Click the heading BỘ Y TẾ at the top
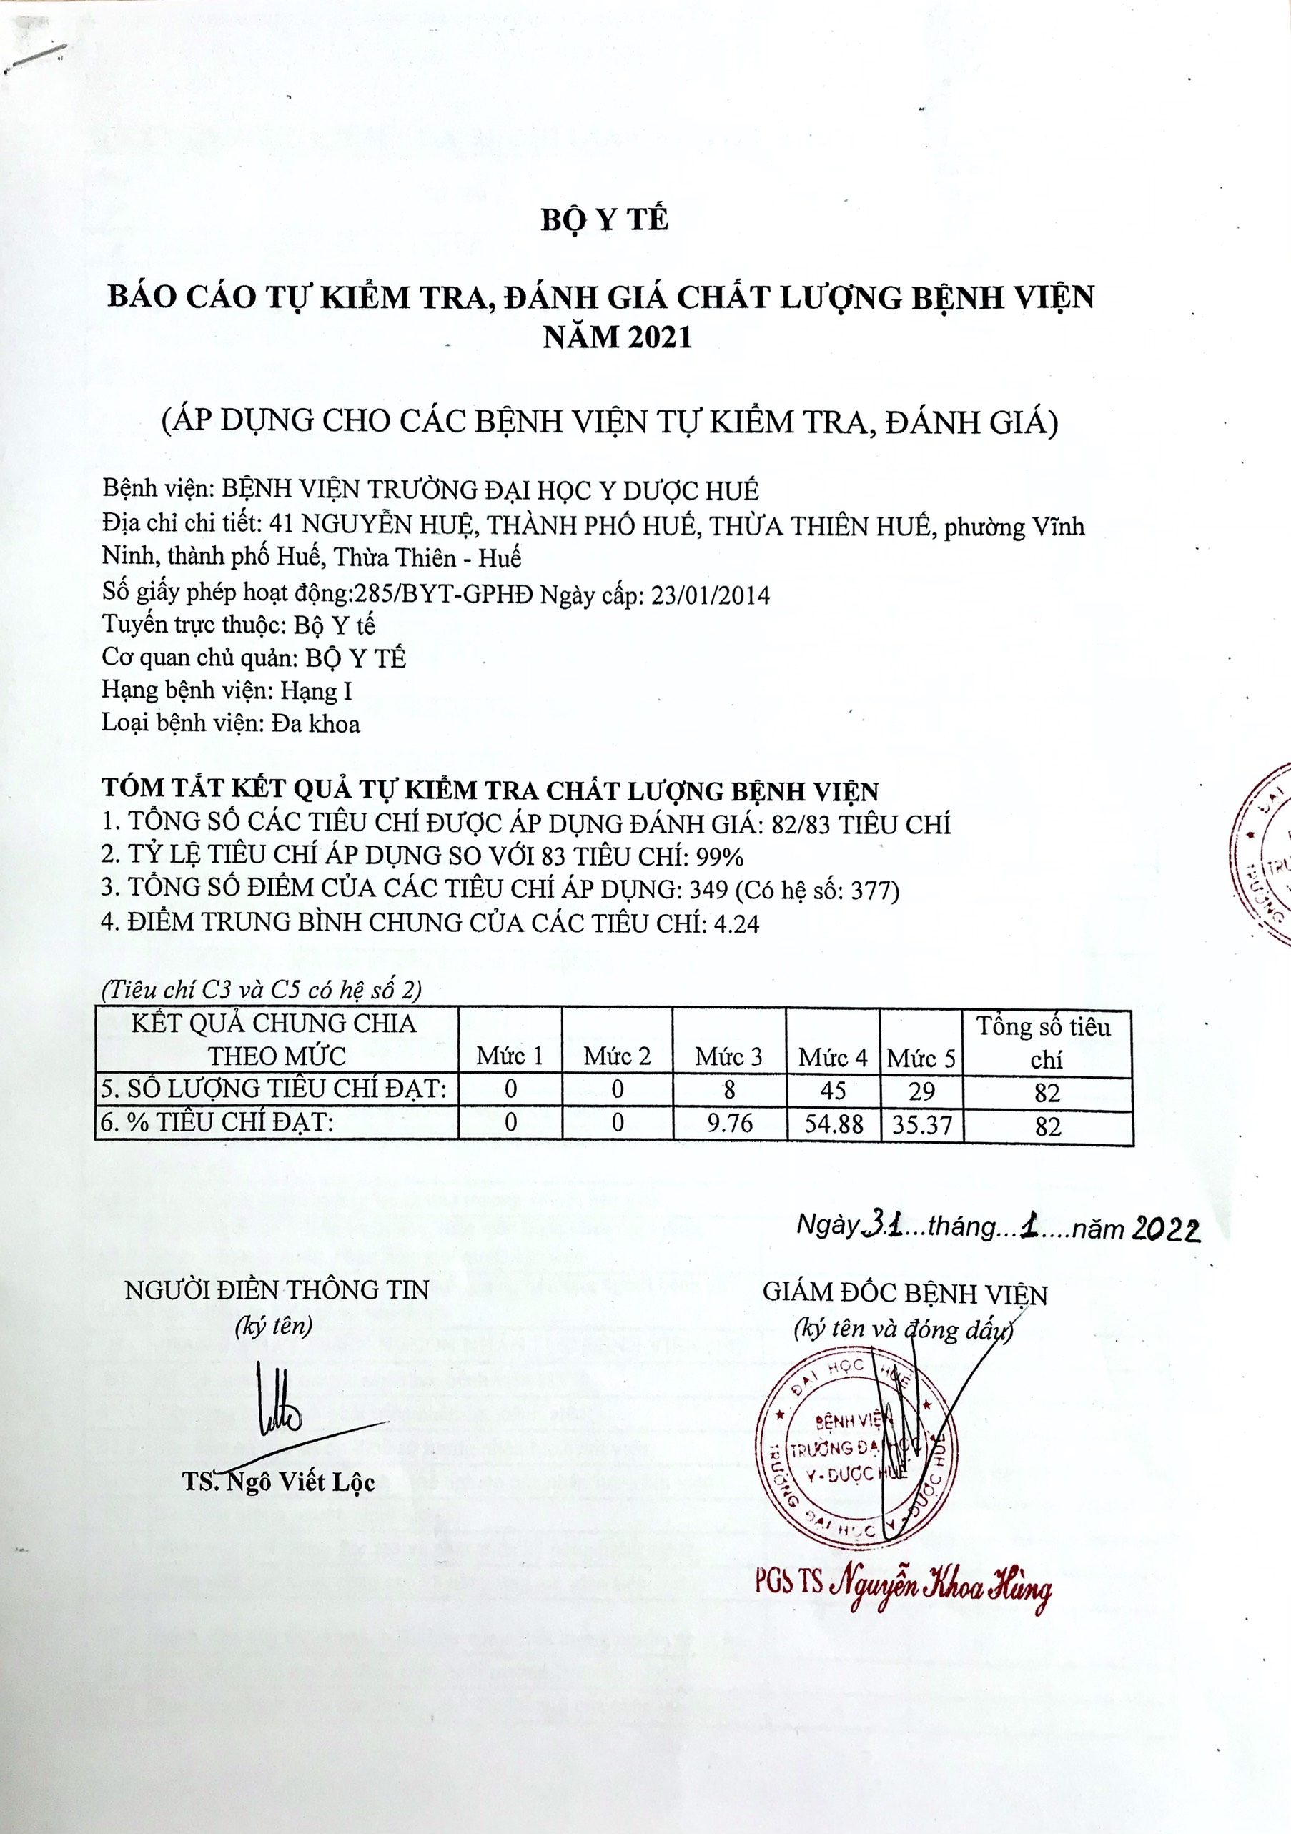[x=604, y=219]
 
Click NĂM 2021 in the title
[x=617, y=338]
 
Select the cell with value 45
[x=833, y=1091]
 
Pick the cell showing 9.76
[x=728, y=1123]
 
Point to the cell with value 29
[x=921, y=1091]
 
